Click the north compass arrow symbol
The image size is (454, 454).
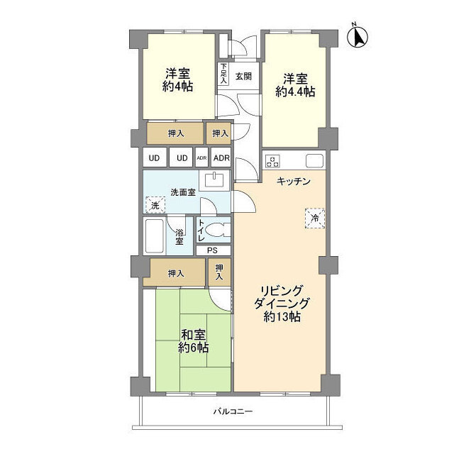tap(358, 37)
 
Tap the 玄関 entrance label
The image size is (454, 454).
tap(243, 77)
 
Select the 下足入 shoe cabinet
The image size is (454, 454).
tap(223, 74)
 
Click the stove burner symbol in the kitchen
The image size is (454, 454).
tap(272, 161)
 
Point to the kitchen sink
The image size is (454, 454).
tap(314, 161)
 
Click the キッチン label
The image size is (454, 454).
tap(293, 182)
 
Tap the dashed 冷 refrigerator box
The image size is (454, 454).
tap(315, 218)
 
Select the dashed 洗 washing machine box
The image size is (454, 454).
tap(155, 205)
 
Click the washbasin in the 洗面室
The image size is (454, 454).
tap(214, 180)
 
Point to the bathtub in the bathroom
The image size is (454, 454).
tap(155, 236)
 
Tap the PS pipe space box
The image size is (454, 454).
tap(214, 250)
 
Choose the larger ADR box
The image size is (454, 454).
tap(221, 157)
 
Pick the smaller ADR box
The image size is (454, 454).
tap(201, 157)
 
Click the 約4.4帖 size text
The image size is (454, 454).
tap(295, 92)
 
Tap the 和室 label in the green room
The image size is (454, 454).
tap(193, 335)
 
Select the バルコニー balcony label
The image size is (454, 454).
tap(233, 411)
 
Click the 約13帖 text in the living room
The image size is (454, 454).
tap(282, 317)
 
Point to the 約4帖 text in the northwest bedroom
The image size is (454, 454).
tap(177, 87)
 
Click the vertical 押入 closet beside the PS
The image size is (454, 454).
tap(220, 272)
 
